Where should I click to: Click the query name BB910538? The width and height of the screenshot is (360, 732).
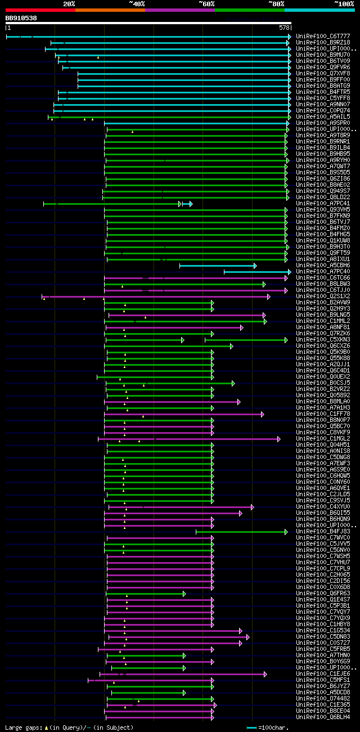click(21, 18)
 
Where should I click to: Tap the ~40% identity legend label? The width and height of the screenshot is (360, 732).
click(137, 4)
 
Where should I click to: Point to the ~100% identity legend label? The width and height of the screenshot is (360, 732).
click(344, 4)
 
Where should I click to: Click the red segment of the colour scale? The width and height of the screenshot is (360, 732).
click(40, 10)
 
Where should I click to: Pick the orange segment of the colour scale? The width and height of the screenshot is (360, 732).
click(110, 10)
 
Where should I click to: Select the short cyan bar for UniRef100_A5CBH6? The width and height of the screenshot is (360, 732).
click(218, 266)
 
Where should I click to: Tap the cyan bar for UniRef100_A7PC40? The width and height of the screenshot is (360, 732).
click(257, 272)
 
